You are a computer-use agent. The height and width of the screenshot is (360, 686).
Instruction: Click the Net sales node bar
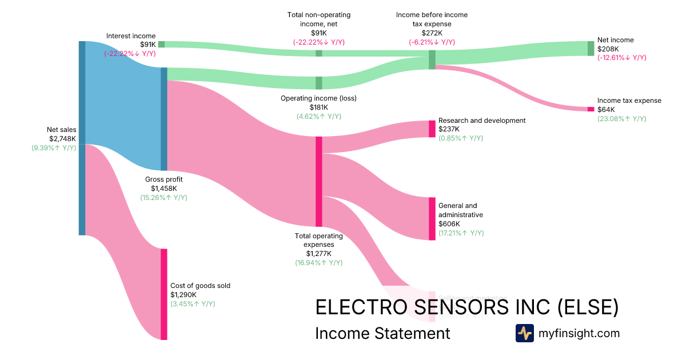82,138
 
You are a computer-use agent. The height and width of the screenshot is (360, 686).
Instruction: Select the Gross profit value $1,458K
163,188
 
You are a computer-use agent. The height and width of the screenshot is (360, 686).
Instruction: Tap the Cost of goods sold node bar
163,294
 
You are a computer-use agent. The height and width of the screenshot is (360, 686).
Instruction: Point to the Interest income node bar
161,44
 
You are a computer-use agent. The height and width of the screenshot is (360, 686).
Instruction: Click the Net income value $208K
608,49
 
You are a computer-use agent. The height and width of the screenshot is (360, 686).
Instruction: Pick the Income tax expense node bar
591,109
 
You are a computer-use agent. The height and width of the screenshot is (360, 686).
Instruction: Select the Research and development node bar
432,129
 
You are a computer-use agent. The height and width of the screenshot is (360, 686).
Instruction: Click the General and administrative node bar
432,218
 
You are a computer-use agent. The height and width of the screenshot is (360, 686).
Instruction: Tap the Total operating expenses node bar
319,181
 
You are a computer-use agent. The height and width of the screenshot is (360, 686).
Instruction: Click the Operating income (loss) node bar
319,83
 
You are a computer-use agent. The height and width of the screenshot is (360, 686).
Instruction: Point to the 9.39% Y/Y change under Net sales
54,147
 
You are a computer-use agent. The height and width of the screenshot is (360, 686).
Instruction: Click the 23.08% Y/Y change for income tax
621,119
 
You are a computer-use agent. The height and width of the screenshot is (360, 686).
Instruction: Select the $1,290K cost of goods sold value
183,294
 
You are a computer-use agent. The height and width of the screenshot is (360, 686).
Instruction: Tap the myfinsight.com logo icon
524,333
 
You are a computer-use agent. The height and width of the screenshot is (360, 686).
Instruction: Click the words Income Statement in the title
382,333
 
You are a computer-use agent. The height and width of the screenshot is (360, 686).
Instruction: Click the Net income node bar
591,49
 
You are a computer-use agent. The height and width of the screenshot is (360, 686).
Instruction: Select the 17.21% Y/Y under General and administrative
461,233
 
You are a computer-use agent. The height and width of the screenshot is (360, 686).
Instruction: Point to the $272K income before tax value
432,33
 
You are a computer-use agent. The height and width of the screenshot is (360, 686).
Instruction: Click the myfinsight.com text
579,333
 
